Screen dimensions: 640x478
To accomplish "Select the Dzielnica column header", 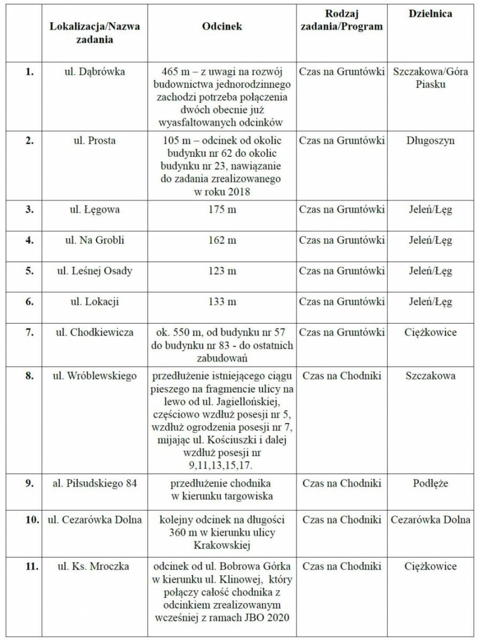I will [x=430, y=14].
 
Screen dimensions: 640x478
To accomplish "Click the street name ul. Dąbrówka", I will [x=94, y=71].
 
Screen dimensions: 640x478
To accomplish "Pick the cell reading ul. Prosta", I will [x=94, y=141].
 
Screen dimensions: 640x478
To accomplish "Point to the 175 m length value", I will [x=222, y=210].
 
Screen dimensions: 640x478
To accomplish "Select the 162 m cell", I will [x=222, y=241].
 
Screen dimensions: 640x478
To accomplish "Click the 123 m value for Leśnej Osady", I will [x=222, y=271].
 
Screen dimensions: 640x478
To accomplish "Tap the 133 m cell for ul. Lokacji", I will [x=222, y=302].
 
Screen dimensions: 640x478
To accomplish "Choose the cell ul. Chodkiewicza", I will [x=94, y=332].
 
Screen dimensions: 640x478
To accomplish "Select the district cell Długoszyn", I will [x=430, y=141].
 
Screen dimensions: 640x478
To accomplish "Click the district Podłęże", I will [x=430, y=484].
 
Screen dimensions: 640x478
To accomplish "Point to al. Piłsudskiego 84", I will [x=94, y=484].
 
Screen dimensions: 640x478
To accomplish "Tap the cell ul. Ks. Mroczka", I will [x=94, y=566].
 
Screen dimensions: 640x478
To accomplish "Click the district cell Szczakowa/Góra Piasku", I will [x=430, y=78].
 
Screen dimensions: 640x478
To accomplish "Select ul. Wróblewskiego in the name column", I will [x=94, y=376].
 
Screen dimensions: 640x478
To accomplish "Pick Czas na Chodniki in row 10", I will [x=341, y=519].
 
